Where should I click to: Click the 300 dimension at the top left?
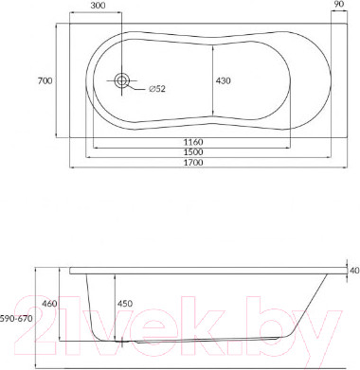(x=97, y=5)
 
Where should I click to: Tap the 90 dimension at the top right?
(x=340, y=5)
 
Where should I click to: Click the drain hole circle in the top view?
(x=121, y=81)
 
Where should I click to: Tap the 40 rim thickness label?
(x=354, y=271)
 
